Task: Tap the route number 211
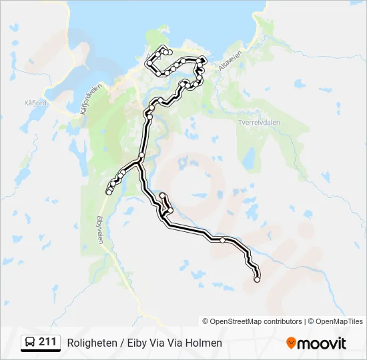(x=47, y=342)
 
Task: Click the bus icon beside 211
(x=30, y=343)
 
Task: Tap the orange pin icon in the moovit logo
(x=291, y=343)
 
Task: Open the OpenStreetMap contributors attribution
(x=256, y=321)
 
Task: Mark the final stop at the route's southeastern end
(x=257, y=279)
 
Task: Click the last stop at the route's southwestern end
(x=109, y=193)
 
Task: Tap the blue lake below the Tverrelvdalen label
(x=249, y=159)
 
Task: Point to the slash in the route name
(x=121, y=343)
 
